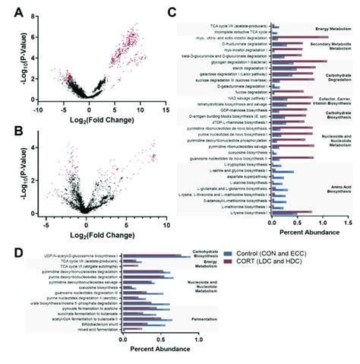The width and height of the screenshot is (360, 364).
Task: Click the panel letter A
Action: click(13, 12)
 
